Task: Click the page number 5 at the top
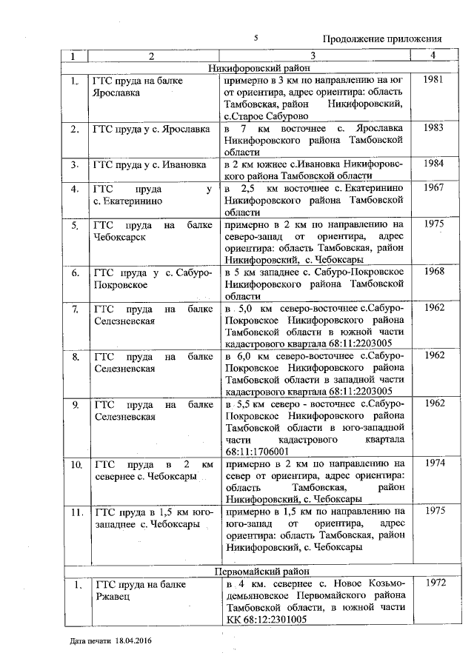[255, 37]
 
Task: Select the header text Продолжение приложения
[382, 39]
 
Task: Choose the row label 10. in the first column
[76, 464]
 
